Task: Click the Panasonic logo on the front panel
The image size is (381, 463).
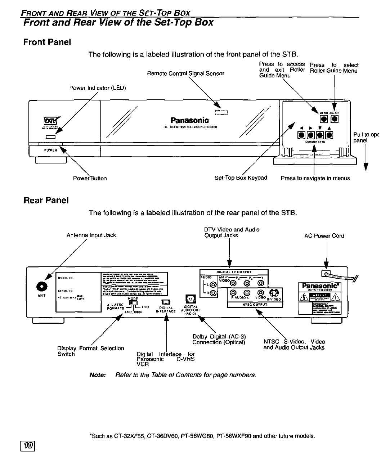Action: point(189,120)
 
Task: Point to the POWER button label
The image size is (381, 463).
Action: point(50,150)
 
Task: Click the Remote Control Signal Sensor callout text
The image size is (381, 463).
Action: point(185,73)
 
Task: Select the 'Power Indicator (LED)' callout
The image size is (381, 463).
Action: point(97,88)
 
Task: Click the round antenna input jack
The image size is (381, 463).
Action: point(44,286)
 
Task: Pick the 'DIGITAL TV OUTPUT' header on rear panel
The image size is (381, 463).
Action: point(234,272)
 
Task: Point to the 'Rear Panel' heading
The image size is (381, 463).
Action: point(46,201)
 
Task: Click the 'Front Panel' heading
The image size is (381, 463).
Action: point(47,42)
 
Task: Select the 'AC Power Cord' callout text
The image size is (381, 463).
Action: point(324,236)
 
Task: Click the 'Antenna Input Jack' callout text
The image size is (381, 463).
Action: point(91,235)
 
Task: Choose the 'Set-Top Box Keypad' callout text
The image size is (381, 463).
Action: point(241,177)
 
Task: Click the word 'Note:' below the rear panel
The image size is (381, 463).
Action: point(97,375)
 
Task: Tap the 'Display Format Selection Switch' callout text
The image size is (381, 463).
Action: point(90,351)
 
